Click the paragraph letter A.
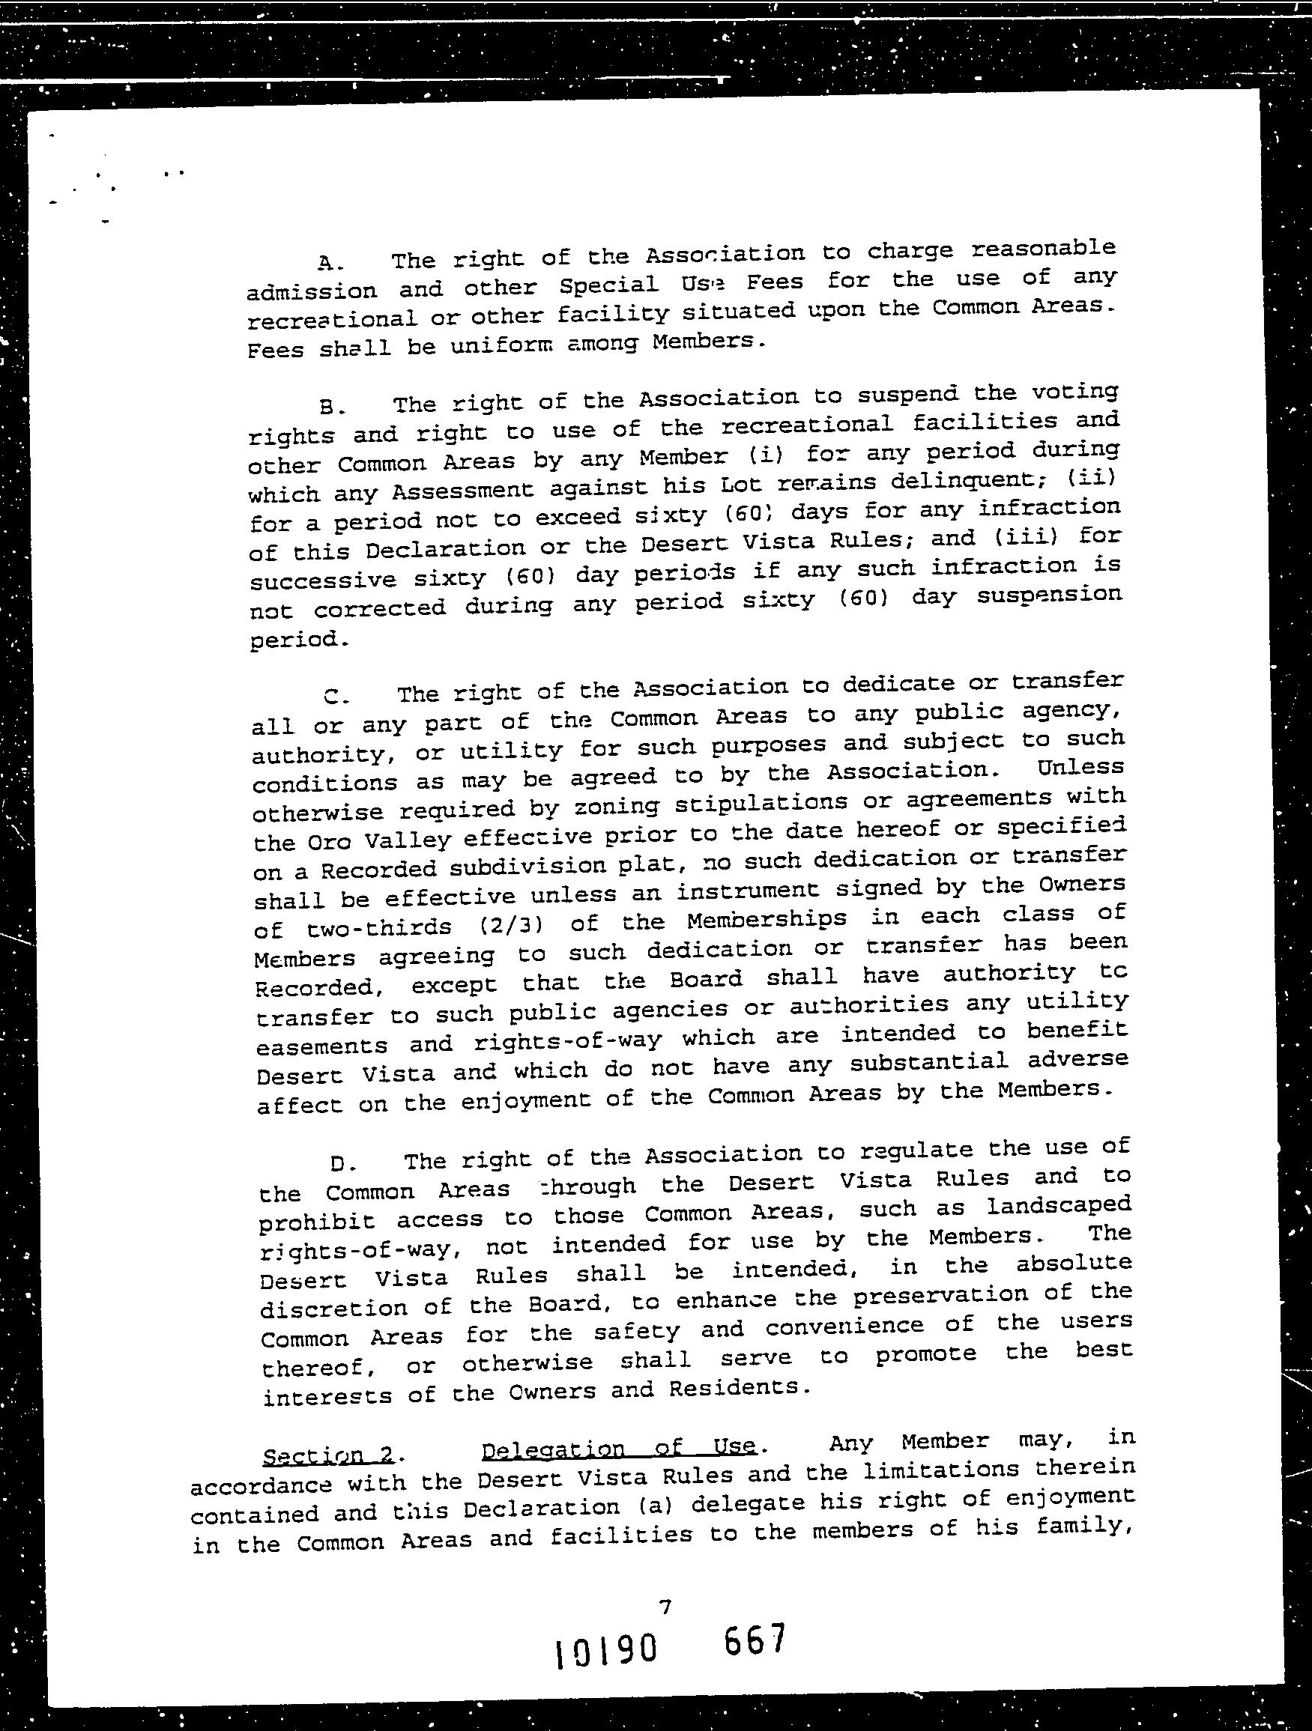[326, 261]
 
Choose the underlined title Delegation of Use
[618, 1449]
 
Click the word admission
[312, 291]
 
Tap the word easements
[322, 1046]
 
